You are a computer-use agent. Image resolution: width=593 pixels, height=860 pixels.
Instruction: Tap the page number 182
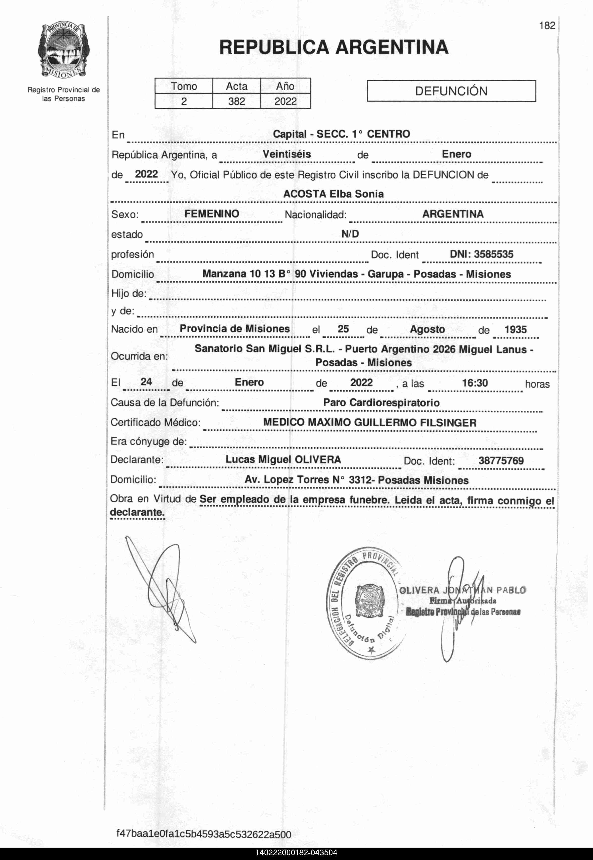click(x=547, y=26)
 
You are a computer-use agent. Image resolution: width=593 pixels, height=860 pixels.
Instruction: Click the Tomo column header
click(x=184, y=86)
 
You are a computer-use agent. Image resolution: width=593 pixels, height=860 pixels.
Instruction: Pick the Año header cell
click(x=285, y=86)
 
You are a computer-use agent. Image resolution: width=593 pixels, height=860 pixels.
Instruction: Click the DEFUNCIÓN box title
click(x=451, y=91)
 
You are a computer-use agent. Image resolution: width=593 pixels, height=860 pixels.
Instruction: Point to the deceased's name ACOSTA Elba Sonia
click(x=333, y=194)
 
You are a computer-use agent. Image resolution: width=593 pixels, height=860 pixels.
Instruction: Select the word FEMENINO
click(x=212, y=214)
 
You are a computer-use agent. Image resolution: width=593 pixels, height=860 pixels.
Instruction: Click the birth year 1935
click(x=515, y=329)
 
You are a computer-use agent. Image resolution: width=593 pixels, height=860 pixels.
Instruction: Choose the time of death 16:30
click(x=475, y=383)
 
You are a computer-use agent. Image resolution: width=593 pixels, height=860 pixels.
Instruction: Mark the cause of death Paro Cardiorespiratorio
click(x=381, y=402)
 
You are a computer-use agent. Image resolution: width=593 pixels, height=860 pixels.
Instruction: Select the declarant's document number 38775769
click(x=501, y=461)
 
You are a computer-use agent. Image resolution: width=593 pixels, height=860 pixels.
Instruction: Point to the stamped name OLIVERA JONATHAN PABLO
click(x=462, y=590)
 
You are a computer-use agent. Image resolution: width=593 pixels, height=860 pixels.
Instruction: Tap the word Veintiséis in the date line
click(x=287, y=154)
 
